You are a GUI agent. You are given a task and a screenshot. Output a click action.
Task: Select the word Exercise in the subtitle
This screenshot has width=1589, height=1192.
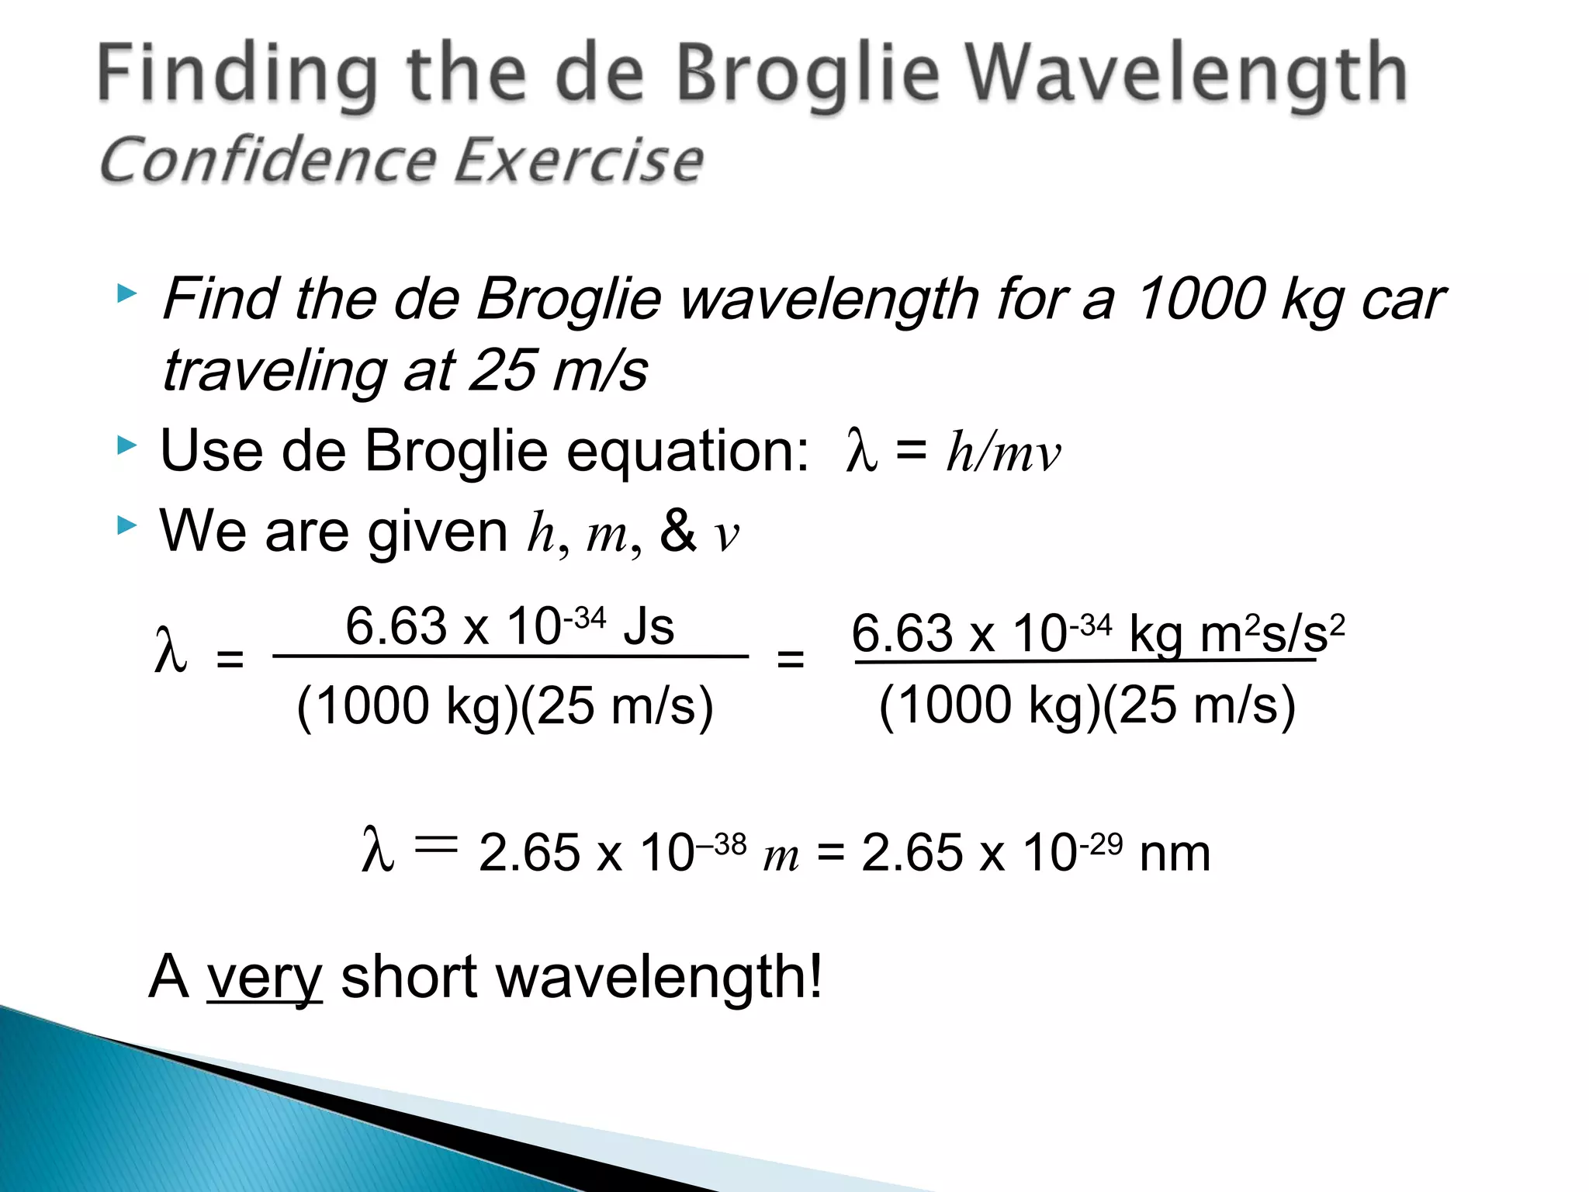click(578, 160)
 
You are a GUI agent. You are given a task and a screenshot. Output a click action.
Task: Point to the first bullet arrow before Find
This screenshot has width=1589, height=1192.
click(126, 294)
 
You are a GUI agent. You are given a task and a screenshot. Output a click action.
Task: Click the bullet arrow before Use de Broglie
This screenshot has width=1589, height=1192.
click(126, 445)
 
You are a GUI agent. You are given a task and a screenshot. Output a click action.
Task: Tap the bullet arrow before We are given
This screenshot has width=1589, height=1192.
click(126, 526)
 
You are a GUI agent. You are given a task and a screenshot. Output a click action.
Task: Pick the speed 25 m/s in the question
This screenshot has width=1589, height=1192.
click(559, 370)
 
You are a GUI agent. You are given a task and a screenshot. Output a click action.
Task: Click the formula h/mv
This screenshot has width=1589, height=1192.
click(1002, 452)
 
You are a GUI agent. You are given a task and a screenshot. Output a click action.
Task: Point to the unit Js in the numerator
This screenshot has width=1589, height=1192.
click(649, 627)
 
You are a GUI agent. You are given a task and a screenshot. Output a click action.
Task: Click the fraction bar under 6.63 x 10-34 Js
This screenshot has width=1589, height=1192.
click(511, 657)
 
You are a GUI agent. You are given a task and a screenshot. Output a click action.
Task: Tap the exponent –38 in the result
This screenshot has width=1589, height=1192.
click(721, 844)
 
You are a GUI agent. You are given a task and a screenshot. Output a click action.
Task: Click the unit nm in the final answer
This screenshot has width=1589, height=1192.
click(1175, 854)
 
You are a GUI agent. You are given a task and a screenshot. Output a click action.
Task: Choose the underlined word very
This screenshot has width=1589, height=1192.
click(265, 978)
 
